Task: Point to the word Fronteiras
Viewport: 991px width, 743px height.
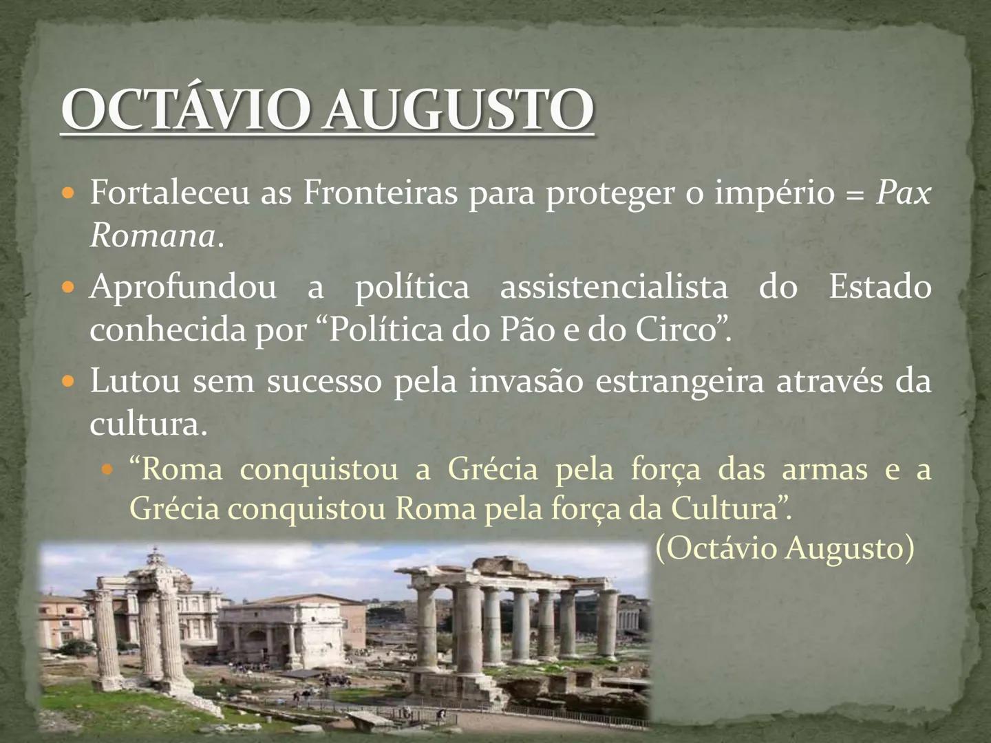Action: (x=380, y=193)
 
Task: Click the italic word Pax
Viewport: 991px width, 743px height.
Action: (x=903, y=193)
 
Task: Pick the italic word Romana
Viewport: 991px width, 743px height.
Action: (x=152, y=237)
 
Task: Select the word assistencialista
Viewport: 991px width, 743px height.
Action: (x=613, y=287)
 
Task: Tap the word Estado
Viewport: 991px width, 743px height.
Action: (x=880, y=287)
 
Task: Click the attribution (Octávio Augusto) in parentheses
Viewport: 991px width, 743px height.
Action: (x=785, y=548)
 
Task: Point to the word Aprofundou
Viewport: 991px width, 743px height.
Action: (x=183, y=287)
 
